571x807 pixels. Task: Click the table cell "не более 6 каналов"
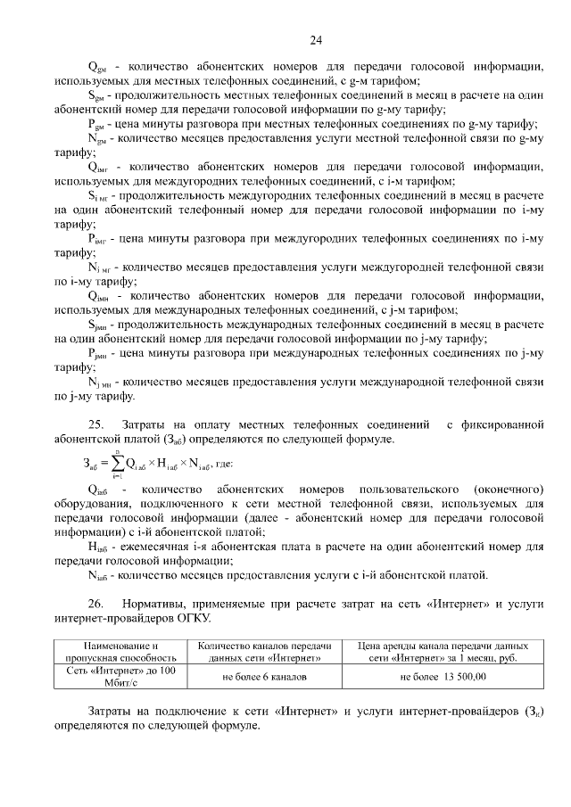pyautogui.click(x=264, y=677)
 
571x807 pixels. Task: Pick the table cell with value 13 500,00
pyautogui.click(x=443, y=677)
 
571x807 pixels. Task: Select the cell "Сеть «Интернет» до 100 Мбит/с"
pyautogui.click(x=120, y=677)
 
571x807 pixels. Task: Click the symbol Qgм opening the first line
pyautogui.click(x=96, y=66)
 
